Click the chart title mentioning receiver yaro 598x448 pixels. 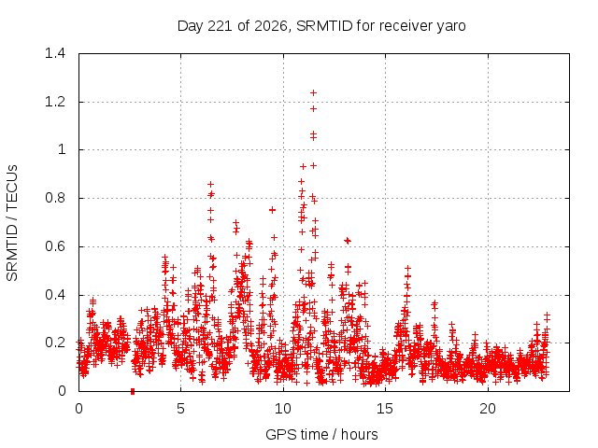click(x=321, y=26)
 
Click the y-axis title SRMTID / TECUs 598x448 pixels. click(x=12, y=223)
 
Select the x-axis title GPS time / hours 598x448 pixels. click(x=321, y=434)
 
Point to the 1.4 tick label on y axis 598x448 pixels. click(x=55, y=53)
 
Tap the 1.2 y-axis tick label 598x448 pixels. click(x=55, y=102)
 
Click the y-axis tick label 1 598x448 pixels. click(x=62, y=149)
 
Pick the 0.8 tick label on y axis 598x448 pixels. click(x=55, y=198)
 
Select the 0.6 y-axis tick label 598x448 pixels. click(x=55, y=246)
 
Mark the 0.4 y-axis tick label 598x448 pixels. click(x=55, y=295)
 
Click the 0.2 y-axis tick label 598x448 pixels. click(x=55, y=343)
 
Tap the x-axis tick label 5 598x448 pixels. click(x=180, y=409)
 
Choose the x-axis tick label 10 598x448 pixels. click(x=283, y=409)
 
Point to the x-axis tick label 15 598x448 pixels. click(x=385, y=409)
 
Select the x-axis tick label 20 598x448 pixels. click(x=488, y=409)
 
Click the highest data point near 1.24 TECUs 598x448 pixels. click(x=314, y=93)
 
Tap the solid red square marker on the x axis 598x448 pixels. click(x=133, y=391)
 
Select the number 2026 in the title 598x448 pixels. click(x=271, y=26)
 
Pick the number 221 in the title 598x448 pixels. click(x=220, y=26)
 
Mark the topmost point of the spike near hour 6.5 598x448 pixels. click(x=210, y=185)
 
